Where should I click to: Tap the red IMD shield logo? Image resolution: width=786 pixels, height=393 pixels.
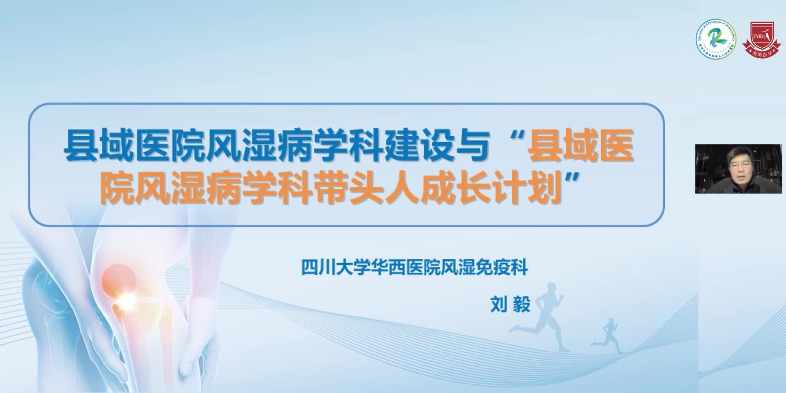[x=761, y=43]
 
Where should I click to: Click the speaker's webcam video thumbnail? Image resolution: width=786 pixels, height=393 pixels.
[x=738, y=169]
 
